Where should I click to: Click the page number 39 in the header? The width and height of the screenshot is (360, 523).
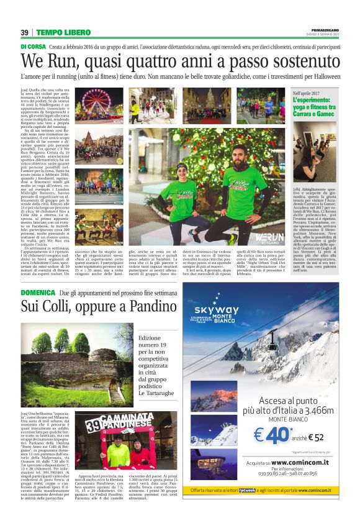(x=25, y=32)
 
